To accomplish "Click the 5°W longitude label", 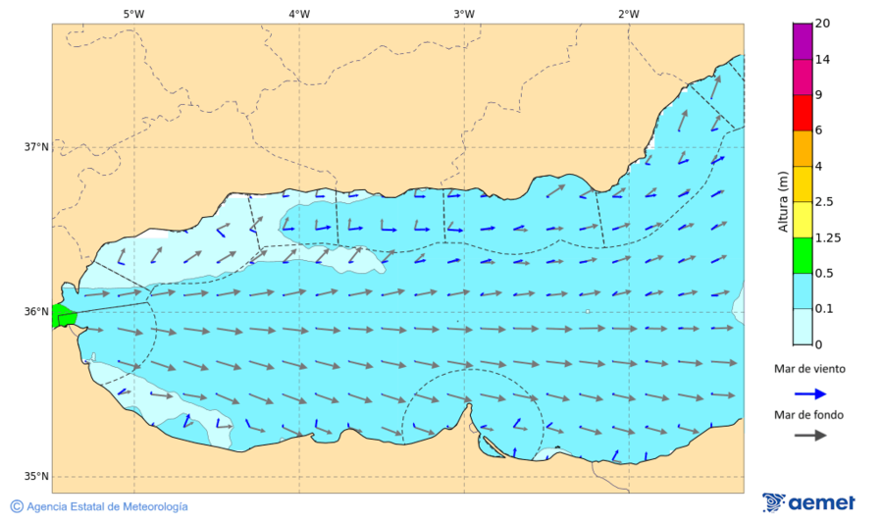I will (133, 14).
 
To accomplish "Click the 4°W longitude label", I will (299, 14).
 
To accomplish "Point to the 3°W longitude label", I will (464, 14).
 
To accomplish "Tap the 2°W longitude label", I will (629, 14).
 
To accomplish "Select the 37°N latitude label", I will (36, 147).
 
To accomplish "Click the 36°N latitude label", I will (36, 312).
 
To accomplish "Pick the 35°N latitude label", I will (36, 477).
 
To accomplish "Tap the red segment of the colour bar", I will (803, 113).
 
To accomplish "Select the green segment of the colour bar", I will (803, 255).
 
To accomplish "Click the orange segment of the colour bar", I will (803, 148).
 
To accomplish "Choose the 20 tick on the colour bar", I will (823, 24).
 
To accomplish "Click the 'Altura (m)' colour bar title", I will (783, 201).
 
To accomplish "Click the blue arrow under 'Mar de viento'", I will (809, 393).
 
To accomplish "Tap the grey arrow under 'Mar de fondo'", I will (809, 436).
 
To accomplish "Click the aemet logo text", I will (822, 502).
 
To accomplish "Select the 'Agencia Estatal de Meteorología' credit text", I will (107, 506).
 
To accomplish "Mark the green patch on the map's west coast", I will (65, 316).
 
